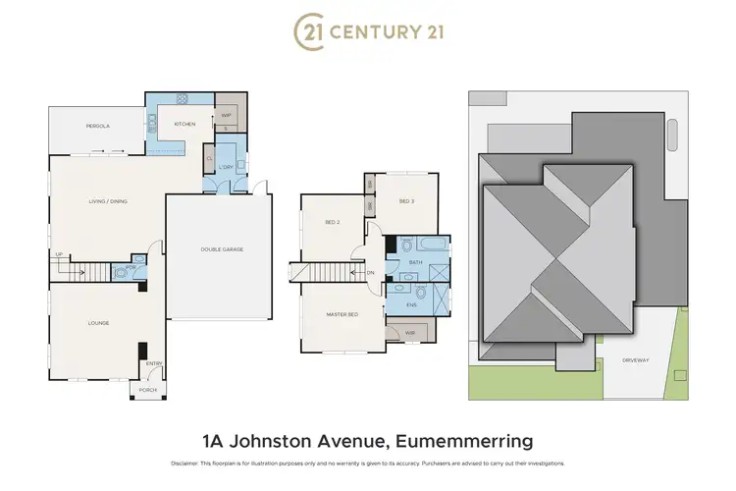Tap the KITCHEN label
(184, 125)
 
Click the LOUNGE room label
(98, 323)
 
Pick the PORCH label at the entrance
(147, 390)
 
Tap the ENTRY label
(154, 364)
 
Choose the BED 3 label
(406, 201)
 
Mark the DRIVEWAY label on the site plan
(636, 360)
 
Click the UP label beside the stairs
(59, 254)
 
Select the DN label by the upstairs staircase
(370, 272)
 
